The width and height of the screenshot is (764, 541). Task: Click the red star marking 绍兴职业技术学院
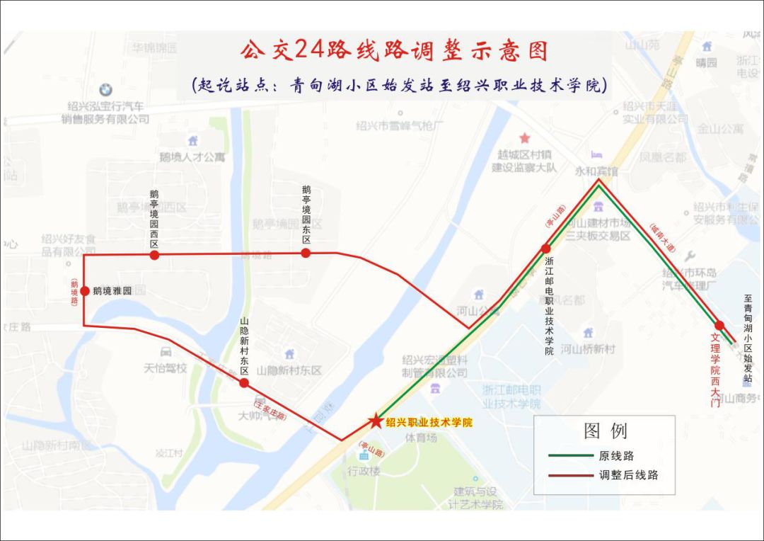(x=375, y=421)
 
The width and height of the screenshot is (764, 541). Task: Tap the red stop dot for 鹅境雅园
(x=85, y=291)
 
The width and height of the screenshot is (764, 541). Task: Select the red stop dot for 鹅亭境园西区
(x=154, y=255)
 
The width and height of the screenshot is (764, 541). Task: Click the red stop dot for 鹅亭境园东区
(x=306, y=253)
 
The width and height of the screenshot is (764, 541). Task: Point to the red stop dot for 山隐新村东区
(x=244, y=383)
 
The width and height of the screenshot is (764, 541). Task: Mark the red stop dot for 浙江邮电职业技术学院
(x=546, y=249)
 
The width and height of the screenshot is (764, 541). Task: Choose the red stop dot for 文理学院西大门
(x=719, y=326)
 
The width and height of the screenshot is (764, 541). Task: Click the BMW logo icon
(x=105, y=90)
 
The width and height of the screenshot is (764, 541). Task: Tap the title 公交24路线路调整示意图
(x=394, y=51)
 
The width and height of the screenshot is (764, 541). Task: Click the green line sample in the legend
(x=569, y=456)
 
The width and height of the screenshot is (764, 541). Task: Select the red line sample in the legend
(x=569, y=475)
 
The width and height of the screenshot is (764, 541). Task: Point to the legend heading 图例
(x=605, y=431)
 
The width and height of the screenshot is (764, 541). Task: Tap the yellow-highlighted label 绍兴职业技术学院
(x=429, y=422)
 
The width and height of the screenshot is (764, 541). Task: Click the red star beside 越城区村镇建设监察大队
(x=524, y=138)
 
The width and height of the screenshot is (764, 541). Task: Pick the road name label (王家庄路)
(x=270, y=409)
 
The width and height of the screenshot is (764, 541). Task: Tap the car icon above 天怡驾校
(x=166, y=352)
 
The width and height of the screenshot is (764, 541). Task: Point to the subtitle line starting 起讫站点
(x=400, y=86)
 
